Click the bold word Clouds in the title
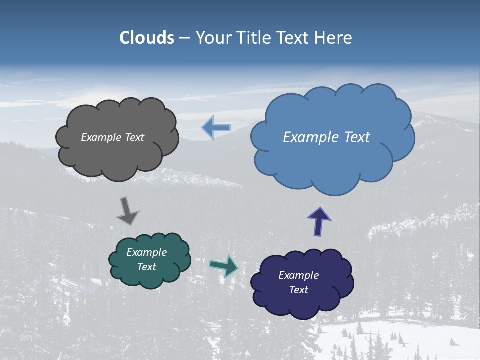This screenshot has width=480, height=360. (x=147, y=38)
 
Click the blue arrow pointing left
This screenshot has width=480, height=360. (x=216, y=128)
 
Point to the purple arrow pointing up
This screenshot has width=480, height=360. (x=319, y=221)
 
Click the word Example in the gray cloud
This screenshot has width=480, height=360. (x=100, y=137)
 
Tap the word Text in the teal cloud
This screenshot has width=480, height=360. (x=147, y=267)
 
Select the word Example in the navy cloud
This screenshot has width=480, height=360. (x=298, y=275)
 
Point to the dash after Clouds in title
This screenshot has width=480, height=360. (x=184, y=38)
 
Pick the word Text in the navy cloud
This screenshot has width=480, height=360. (x=298, y=290)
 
